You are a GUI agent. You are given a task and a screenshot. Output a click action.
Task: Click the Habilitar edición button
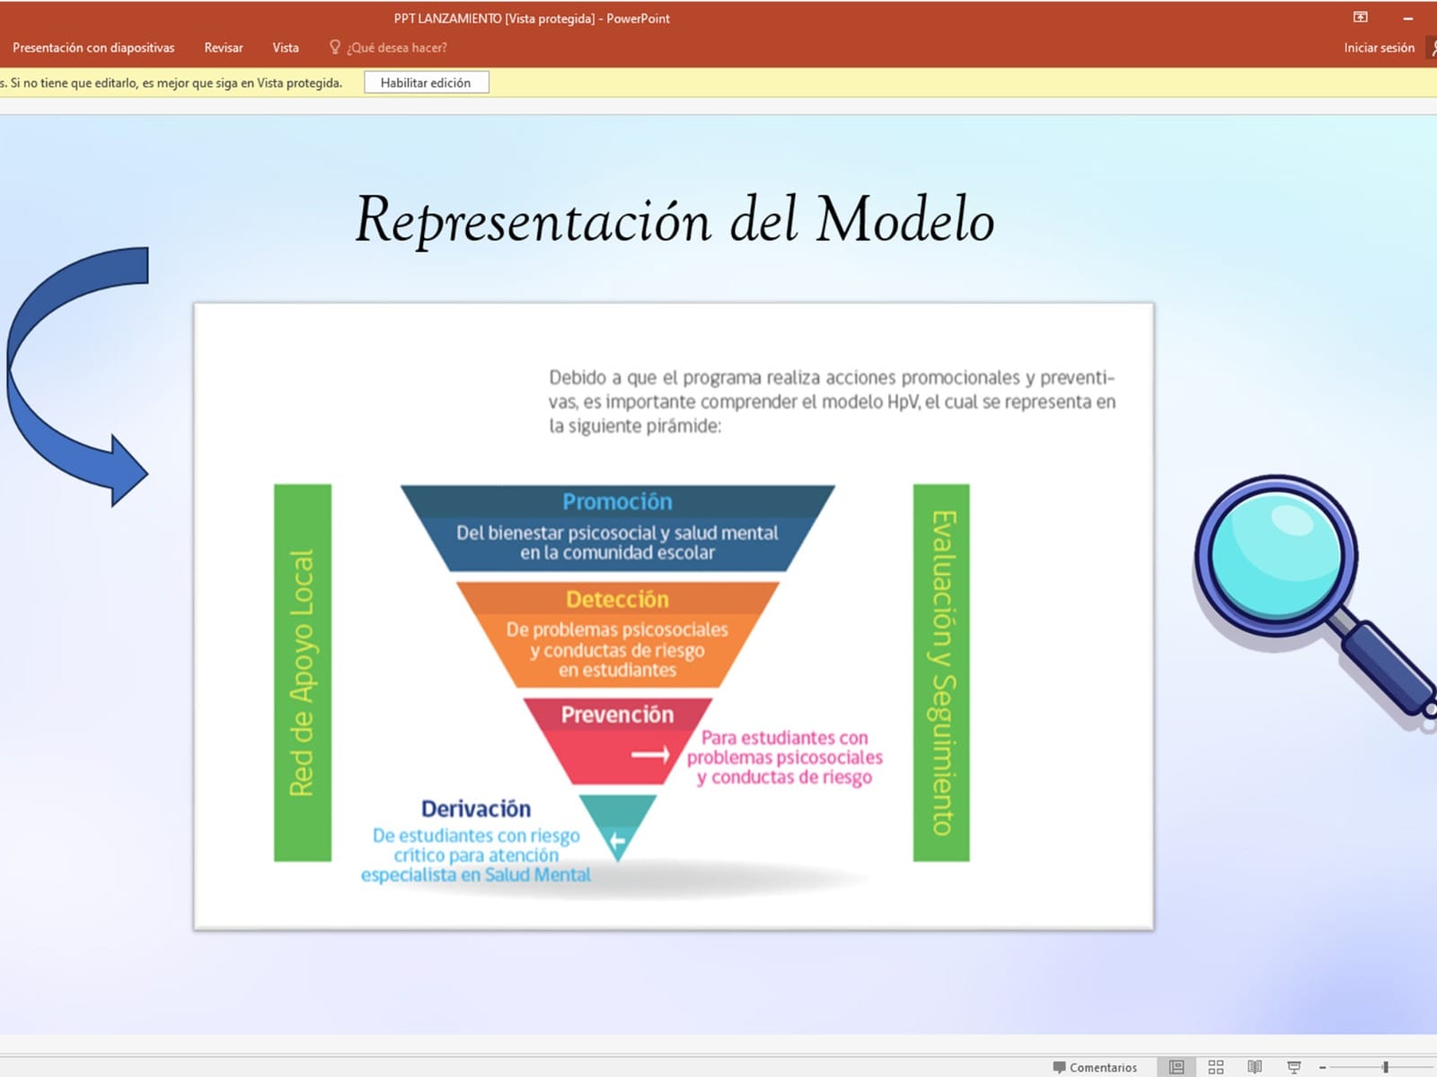pyautogui.click(x=427, y=83)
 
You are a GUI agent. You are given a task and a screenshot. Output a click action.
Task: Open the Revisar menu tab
pyautogui.click(x=224, y=48)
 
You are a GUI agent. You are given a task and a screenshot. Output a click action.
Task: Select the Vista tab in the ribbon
pyautogui.click(x=286, y=48)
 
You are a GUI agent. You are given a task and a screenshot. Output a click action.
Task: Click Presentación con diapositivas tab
pyautogui.click(x=93, y=48)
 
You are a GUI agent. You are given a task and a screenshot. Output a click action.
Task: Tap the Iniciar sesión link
pyautogui.click(x=1379, y=48)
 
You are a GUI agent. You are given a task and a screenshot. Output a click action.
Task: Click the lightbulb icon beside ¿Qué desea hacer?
pyautogui.click(x=334, y=47)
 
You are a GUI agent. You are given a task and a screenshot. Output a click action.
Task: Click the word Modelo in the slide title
pyautogui.click(x=905, y=219)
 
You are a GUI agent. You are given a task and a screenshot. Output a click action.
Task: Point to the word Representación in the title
pyautogui.click(x=533, y=221)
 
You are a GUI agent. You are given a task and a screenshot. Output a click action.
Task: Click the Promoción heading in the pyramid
pyautogui.click(x=617, y=501)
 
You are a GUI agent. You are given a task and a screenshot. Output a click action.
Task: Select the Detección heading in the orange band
pyautogui.click(x=617, y=599)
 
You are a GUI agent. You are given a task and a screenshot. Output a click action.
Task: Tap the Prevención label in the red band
pyautogui.click(x=617, y=714)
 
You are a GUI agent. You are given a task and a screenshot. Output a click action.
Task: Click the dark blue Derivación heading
pyautogui.click(x=476, y=808)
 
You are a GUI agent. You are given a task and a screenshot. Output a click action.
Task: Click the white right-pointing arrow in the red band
pyautogui.click(x=651, y=755)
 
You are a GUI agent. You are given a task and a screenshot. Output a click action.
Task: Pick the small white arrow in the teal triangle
pyautogui.click(x=617, y=840)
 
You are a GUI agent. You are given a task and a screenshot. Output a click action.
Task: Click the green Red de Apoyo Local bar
pyautogui.click(x=303, y=673)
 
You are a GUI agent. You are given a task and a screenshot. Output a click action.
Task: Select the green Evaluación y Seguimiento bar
pyautogui.click(x=941, y=673)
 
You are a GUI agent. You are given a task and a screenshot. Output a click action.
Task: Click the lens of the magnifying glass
pyautogui.click(x=1275, y=555)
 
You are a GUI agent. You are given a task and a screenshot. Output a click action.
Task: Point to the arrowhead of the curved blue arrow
pyautogui.click(x=129, y=471)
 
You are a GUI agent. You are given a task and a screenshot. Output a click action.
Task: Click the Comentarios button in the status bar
pyautogui.click(x=1095, y=1067)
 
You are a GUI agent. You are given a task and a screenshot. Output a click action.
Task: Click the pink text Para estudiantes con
pyautogui.click(x=784, y=737)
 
